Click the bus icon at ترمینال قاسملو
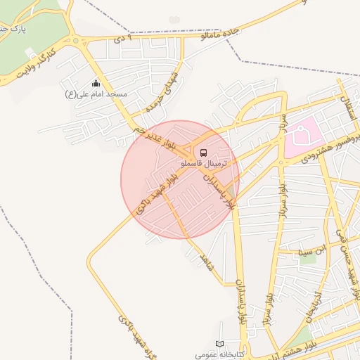tap(203, 152)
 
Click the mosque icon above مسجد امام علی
tap(96, 84)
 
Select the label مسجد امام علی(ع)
tap(96, 94)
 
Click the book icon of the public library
tap(221, 344)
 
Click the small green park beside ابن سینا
tap(308, 258)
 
